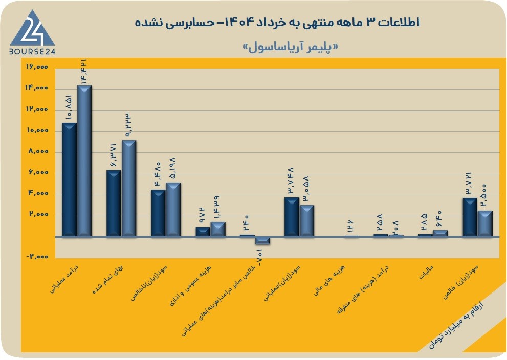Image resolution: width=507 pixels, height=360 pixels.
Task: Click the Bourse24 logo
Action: click(32, 32)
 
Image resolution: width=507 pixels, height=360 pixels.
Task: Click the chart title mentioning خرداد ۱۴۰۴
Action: click(277, 22)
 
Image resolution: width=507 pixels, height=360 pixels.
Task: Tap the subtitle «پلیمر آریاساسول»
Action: click(291, 47)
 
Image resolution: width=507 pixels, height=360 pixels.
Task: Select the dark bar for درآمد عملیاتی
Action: click(69, 179)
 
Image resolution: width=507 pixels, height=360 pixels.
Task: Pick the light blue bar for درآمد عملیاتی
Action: click(84, 161)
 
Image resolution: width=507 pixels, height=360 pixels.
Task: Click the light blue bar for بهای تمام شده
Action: click(129, 188)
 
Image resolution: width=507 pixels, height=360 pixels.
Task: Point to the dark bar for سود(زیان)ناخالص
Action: click(159, 213)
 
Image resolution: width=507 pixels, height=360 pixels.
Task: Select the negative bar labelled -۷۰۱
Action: click(262, 241)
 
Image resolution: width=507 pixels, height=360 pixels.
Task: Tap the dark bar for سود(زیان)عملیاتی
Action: click(292, 217)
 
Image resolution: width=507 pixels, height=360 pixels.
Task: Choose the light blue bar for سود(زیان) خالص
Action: click(485, 223)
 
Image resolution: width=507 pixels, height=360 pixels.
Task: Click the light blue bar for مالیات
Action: click(440, 233)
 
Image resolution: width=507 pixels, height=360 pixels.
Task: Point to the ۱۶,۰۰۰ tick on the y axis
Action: click(37, 67)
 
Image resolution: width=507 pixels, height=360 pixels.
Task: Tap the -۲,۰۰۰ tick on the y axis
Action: click(37, 257)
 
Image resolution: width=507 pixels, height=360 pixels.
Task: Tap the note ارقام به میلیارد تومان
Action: click(456, 325)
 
